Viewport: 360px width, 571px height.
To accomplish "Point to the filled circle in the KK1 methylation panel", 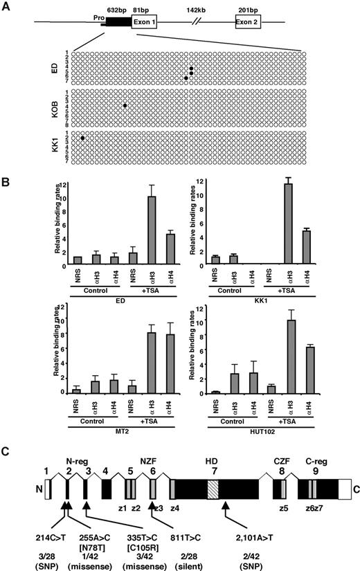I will pyautogui.click(x=82, y=138).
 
